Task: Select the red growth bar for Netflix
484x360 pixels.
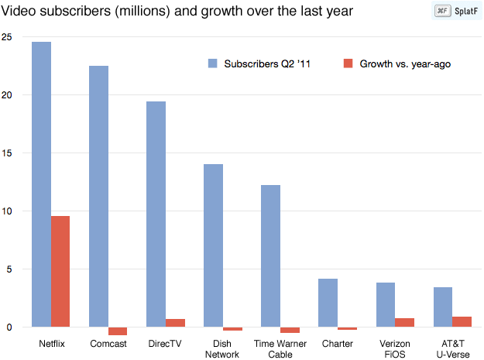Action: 60,271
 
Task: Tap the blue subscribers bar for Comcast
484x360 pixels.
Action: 98,197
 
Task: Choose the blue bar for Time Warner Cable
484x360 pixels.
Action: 270,256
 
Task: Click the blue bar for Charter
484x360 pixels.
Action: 328,303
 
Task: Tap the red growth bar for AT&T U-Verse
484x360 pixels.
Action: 462,322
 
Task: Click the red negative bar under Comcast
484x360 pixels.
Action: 118,331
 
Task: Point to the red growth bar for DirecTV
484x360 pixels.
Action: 175,323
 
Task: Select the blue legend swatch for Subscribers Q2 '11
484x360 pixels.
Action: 212,63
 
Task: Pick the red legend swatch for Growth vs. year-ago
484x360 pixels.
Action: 348,63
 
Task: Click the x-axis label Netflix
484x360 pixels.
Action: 50,343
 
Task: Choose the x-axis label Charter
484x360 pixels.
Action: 338,343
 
